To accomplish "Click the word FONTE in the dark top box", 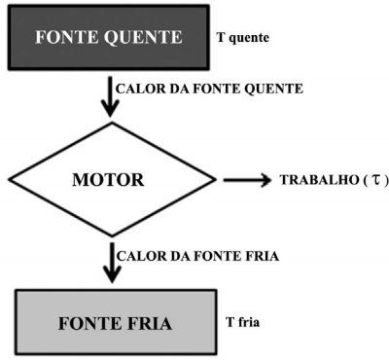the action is point(66,37).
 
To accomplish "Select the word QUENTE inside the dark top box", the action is point(143,37).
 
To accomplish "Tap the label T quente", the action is point(243,38).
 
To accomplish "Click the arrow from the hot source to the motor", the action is point(110,96).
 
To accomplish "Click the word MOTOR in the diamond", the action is point(108,180).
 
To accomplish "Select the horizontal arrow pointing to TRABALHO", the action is point(247,180).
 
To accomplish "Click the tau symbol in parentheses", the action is point(376,180).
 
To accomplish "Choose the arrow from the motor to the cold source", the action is point(112,263).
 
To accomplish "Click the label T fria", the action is point(242,322).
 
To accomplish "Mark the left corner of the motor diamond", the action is point(9,179).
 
